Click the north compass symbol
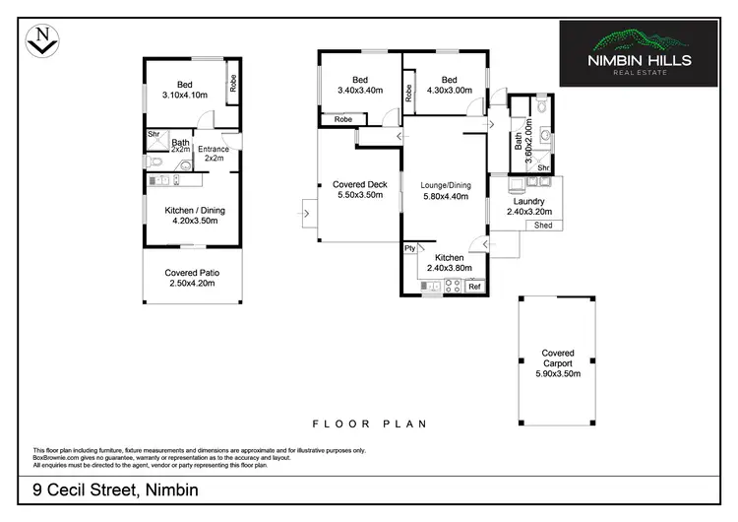click(40, 40)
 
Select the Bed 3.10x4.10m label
click(185, 91)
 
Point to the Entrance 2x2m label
click(214, 154)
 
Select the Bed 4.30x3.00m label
click(449, 86)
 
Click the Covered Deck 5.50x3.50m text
click(360, 190)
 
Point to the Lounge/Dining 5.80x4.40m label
click(446, 191)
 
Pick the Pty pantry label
click(409, 249)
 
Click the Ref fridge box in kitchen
click(473, 287)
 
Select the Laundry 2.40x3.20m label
click(528, 206)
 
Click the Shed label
click(543, 226)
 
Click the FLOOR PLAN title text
click(369, 424)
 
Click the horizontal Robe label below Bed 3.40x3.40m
click(343, 119)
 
